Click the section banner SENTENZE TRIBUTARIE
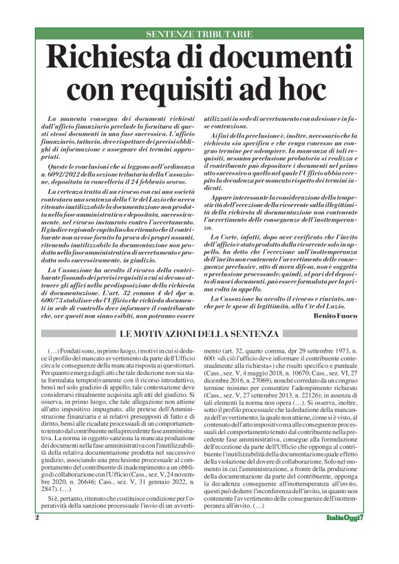coord(199,33)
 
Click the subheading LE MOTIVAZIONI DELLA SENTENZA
coord(199,334)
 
